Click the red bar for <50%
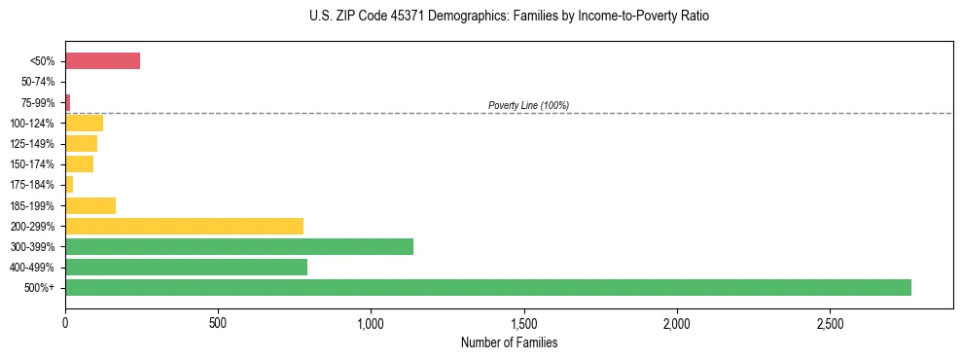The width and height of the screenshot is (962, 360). point(102,61)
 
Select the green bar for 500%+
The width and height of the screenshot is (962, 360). point(487,287)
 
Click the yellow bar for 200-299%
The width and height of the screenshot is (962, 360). point(184,226)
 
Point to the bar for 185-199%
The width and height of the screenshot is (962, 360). point(90,205)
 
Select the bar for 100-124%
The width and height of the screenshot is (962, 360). point(84,123)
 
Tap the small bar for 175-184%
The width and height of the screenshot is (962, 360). point(69,184)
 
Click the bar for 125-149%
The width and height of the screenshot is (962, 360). point(81,144)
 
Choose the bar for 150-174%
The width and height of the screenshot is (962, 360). point(79,164)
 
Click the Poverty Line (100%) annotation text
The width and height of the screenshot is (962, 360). point(528,105)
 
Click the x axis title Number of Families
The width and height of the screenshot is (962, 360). point(509,342)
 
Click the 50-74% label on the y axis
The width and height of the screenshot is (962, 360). point(38,82)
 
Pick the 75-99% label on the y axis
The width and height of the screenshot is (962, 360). point(38,102)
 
